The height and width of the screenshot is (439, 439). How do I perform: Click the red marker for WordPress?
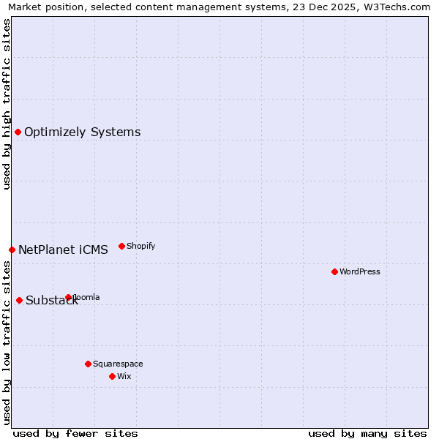[334, 271]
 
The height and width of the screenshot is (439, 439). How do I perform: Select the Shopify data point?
[121, 246]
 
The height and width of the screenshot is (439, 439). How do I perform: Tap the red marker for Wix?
[112, 376]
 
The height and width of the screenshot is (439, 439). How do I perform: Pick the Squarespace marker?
[88, 364]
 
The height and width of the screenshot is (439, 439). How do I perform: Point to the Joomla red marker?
[68, 297]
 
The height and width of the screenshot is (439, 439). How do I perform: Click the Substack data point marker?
[19, 300]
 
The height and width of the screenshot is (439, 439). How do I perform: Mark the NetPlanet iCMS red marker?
[12, 249]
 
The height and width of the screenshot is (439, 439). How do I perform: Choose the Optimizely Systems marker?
[18, 132]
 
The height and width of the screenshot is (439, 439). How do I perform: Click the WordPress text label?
[360, 271]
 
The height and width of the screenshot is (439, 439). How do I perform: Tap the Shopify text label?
[140, 246]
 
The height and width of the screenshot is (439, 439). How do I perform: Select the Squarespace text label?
[118, 364]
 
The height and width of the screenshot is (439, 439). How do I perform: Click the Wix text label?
[124, 376]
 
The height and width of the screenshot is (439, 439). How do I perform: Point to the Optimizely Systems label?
[82, 132]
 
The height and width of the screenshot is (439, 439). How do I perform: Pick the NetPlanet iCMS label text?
[63, 249]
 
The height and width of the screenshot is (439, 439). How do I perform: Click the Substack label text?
[51, 300]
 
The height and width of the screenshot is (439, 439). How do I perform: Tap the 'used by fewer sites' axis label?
[75, 433]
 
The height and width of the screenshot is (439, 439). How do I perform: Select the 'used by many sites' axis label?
[367, 433]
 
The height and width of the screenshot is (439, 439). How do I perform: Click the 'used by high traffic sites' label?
[7, 104]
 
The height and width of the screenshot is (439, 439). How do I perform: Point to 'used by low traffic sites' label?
[7, 342]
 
